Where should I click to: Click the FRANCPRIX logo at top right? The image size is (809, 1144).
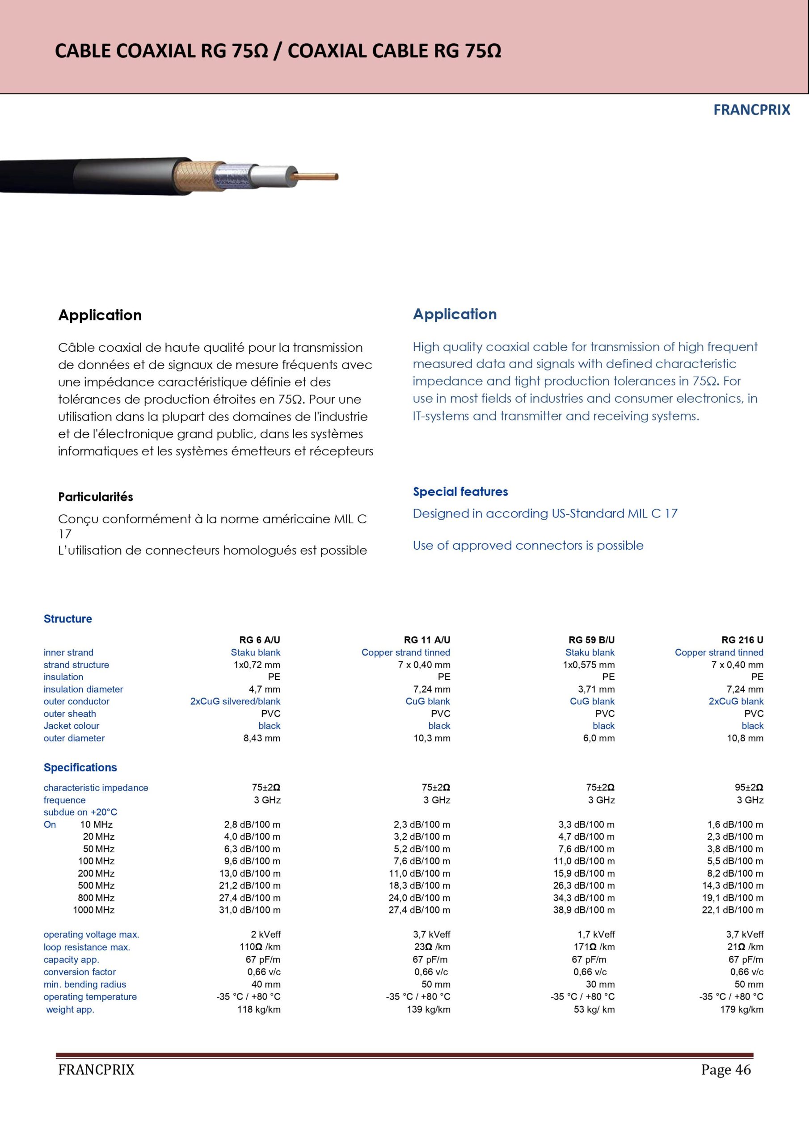751,110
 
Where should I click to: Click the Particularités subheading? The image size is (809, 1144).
95,497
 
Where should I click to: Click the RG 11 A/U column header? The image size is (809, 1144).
427,640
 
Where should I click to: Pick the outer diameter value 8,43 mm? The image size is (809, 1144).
261,738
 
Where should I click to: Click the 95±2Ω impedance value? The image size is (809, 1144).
749,787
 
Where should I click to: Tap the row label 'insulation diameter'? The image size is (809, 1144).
83,689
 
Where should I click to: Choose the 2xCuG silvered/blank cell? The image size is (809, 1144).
235,701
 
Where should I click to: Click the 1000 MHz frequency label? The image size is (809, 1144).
94,910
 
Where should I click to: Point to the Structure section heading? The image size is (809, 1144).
68,619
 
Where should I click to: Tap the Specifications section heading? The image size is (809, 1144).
80,767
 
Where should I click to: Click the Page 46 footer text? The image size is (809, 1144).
725,1070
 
